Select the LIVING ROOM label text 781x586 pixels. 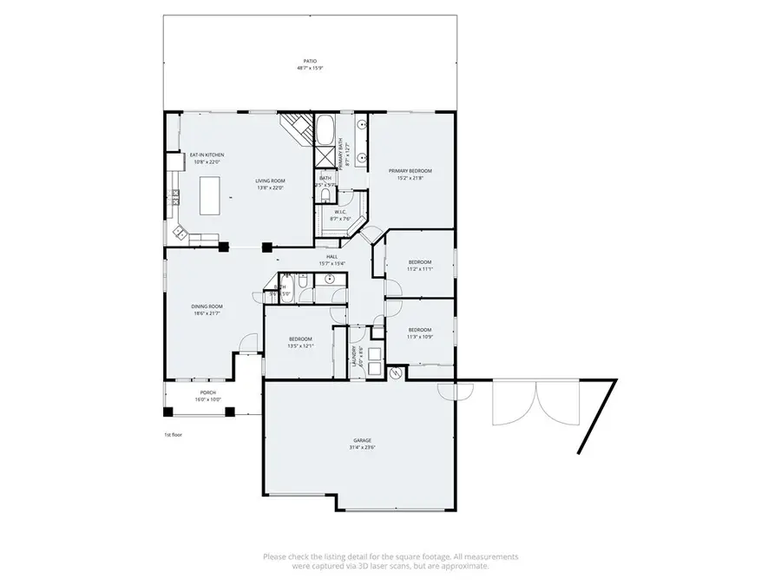(x=271, y=181)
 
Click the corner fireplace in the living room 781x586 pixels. (x=296, y=129)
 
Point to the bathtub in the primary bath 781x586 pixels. (x=326, y=130)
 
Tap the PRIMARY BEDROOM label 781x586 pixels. (x=410, y=171)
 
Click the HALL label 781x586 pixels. (x=331, y=257)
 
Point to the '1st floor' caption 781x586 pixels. (x=173, y=434)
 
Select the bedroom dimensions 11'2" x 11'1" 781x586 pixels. (x=420, y=269)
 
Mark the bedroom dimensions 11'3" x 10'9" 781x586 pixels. (x=420, y=336)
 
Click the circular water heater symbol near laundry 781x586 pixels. (x=397, y=373)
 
